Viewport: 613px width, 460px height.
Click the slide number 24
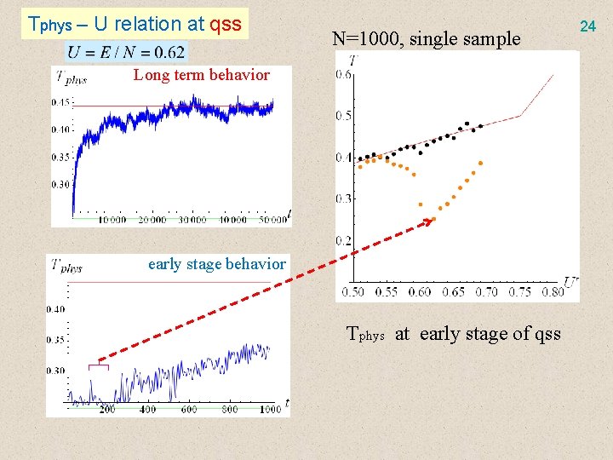pyautogui.click(x=587, y=27)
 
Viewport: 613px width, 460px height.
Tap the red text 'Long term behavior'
pyautogui.click(x=201, y=75)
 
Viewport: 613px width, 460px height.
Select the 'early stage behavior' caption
pyautogui.click(x=216, y=264)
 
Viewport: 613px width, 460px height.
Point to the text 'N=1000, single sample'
pyautogui.click(x=426, y=38)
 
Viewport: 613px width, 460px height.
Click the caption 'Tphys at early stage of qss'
pyautogui.click(x=453, y=333)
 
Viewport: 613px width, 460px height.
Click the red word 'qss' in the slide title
pyautogui.click(x=226, y=24)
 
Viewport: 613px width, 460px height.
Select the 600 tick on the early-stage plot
pyautogui.click(x=189, y=410)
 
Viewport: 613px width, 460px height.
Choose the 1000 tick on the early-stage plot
pyautogui.click(x=270, y=410)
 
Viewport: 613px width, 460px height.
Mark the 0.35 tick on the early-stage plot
pyautogui.click(x=57, y=340)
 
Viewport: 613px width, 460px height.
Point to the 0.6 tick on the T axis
pyautogui.click(x=345, y=75)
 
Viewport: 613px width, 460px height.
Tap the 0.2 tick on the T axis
pyautogui.click(x=345, y=241)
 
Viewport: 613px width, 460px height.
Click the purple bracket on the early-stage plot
pyautogui.click(x=99, y=365)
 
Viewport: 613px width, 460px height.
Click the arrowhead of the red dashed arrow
pyautogui.click(x=428, y=221)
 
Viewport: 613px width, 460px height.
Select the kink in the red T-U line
pyautogui.click(x=519, y=115)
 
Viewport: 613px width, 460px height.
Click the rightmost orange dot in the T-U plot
pyautogui.click(x=481, y=162)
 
